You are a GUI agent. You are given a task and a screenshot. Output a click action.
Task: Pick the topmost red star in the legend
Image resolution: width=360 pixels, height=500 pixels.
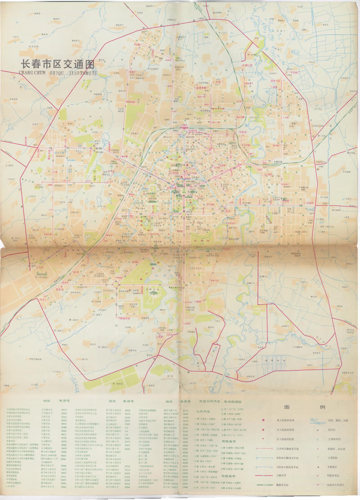click(263, 420)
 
